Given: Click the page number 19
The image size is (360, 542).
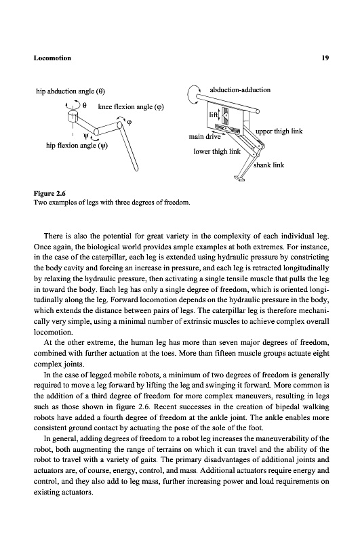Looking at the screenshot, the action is click(325, 58).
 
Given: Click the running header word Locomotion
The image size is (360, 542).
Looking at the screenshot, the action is click(52, 58).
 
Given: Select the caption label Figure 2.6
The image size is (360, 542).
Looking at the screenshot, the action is click(49, 194).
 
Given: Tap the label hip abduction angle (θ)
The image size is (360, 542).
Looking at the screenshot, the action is click(71, 91).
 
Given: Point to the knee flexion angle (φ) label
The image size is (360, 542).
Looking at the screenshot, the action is click(131, 107).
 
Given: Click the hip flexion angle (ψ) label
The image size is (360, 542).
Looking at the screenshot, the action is click(77, 146).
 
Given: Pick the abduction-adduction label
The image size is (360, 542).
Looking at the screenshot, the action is click(240, 90).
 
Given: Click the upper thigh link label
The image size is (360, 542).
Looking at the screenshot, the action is click(279, 131).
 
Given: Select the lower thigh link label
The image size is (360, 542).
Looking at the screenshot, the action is click(217, 151).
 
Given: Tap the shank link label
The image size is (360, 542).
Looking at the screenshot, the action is click(268, 165).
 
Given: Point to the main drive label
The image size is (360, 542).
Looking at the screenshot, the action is click(205, 137).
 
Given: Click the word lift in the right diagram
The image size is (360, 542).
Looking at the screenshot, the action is click(214, 114).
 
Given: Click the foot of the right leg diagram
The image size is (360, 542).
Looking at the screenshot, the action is click(239, 178).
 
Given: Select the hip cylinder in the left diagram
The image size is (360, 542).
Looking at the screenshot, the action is click(73, 116).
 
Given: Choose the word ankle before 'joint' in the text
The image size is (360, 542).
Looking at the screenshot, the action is click(219, 417).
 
